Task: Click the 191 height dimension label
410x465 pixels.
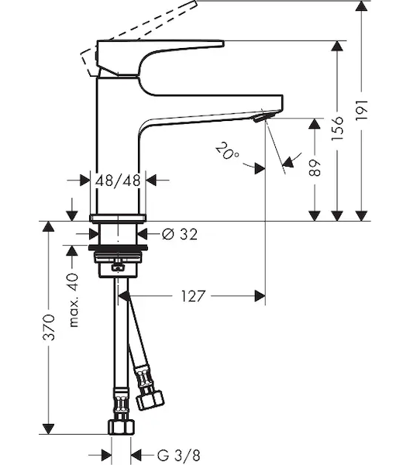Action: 362,110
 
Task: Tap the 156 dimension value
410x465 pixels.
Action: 337,129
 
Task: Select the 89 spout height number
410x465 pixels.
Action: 315,168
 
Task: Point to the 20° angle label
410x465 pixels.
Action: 227,151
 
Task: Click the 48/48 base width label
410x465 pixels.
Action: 118,180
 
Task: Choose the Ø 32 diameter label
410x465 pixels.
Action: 180,235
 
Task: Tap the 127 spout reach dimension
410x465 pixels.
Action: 193,296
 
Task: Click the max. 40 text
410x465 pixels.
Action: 74,301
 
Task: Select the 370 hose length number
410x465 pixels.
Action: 49,327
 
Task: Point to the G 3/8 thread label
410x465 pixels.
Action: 178,456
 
